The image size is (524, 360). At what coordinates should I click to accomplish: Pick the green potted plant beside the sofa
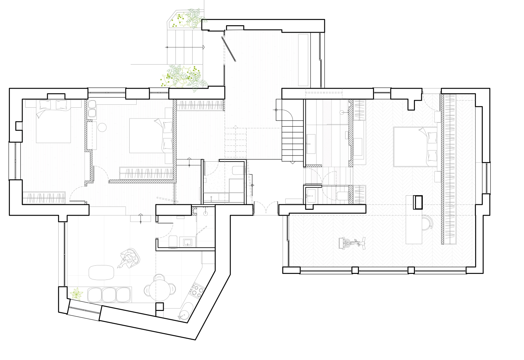coord(77,293)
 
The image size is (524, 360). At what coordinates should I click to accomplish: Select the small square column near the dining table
coord(159,307)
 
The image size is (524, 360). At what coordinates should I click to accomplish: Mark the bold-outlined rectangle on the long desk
coord(418,202)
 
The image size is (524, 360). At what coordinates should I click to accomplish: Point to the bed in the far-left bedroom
coord(53,123)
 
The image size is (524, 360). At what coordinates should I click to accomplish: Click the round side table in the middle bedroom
coord(103,127)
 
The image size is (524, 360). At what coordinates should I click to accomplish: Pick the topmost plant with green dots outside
coord(185,20)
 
